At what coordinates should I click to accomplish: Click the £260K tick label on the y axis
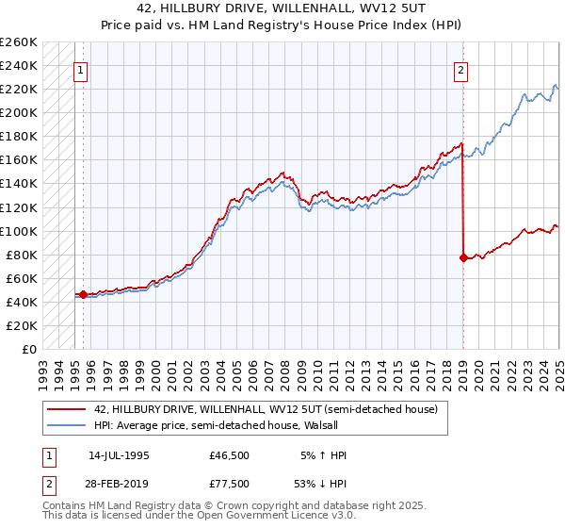pyautogui.click(x=19, y=42)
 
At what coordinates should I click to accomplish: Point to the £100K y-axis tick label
pyautogui.click(x=19, y=231)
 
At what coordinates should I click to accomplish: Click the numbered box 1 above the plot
pyautogui.click(x=80, y=70)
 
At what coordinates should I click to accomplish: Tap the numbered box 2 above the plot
pyautogui.click(x=461, y=70)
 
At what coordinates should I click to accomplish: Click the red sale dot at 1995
pyautogui.click(x=83, y=294)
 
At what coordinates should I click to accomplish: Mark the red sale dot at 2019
pyautogui.click(x=463, y=257)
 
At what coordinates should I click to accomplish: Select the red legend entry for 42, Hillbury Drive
pyautogui.click(x=266, y=410)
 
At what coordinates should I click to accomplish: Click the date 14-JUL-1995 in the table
pyautogui.click(x=119, y=455)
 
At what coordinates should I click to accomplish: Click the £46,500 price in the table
pyautogui.click(x=230, y=455)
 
